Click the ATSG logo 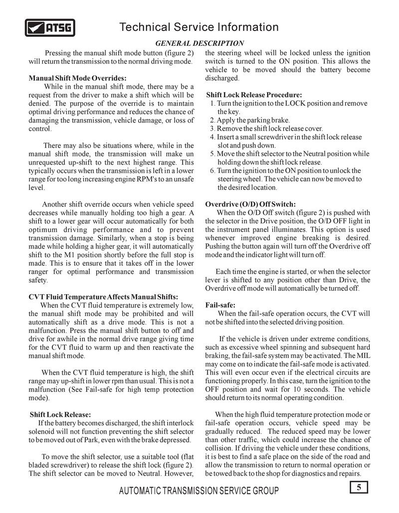point(50,27)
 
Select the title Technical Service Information point(199,27)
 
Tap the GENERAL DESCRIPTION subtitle point(199,43)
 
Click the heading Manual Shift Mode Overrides point(77,78)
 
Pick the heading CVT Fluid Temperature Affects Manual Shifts point(103,297)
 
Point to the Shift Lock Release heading point(60,414)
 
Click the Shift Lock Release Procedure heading point(254,95)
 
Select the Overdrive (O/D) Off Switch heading point(250,204)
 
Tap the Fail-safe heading point(220,305)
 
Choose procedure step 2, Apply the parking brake point(250,120)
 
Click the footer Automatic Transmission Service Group point(199,491)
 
